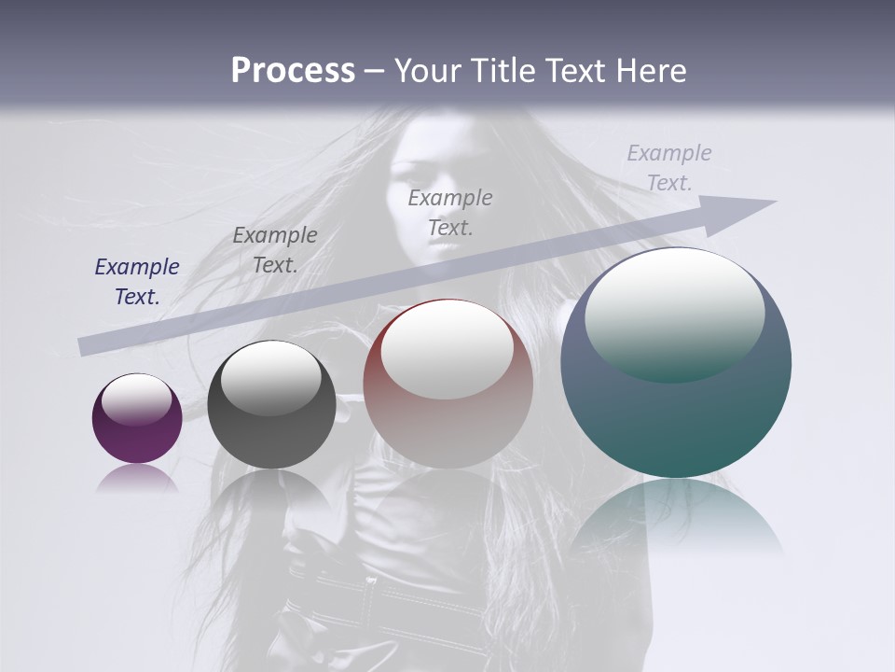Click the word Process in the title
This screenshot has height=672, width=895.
pyautogui.click(x=293, y=70)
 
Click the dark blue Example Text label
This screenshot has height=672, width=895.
pyautogui.click(x=137, y=282)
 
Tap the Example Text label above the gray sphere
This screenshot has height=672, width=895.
pyautogui.click(x=275, y=250)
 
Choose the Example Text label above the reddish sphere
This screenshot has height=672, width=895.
pyautogui.click(x=450, y=212)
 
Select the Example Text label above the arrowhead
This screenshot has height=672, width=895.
pyautogui.click(x=669, y=168)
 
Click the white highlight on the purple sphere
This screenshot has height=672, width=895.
pyautogui.click(x=137, y=399)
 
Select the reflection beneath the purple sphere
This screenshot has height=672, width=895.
pyautogui.click(x=137, y=479)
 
